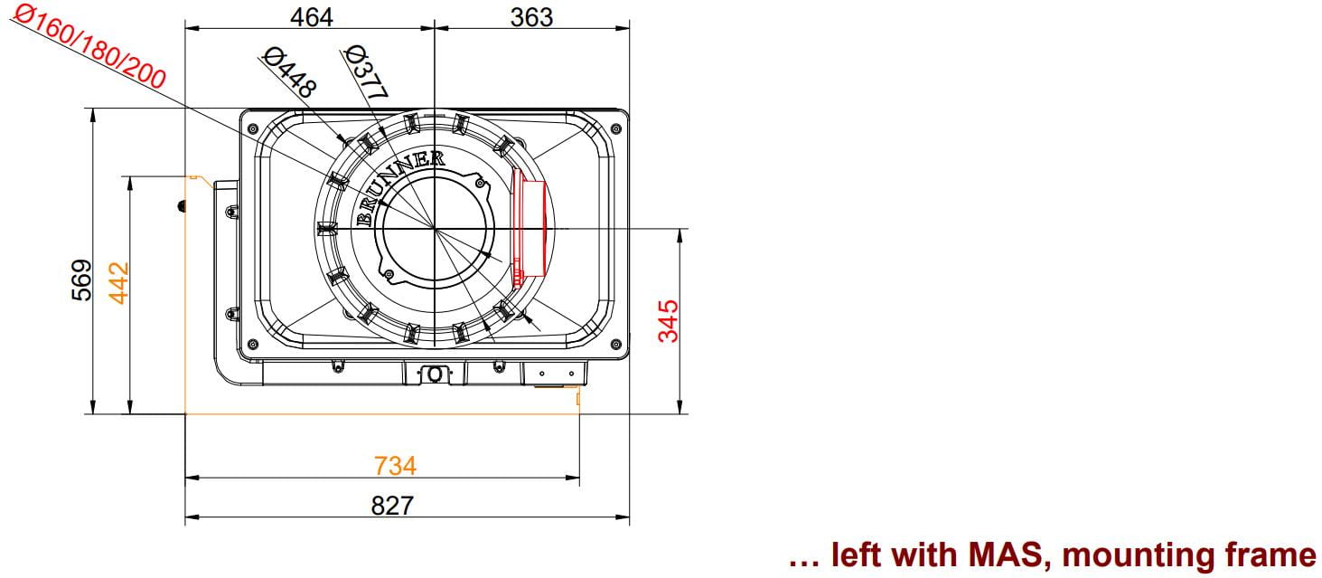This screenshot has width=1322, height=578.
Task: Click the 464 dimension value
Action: tap(311, 17)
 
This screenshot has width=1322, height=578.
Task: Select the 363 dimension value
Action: tap(531, 17)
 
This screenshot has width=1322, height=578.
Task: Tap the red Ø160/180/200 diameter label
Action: tap(89, 45)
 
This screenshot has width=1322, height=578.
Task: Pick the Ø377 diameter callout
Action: tap(366, 71)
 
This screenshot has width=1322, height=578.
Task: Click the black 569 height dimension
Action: tap(82, 280)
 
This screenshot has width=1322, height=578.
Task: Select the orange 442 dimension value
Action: tap(118, 284)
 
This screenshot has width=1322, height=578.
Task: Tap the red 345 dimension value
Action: tap(668, 321)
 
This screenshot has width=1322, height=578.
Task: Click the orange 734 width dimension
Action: tap(395, 466)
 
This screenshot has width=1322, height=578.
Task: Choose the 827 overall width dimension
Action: tap(392, 506)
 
